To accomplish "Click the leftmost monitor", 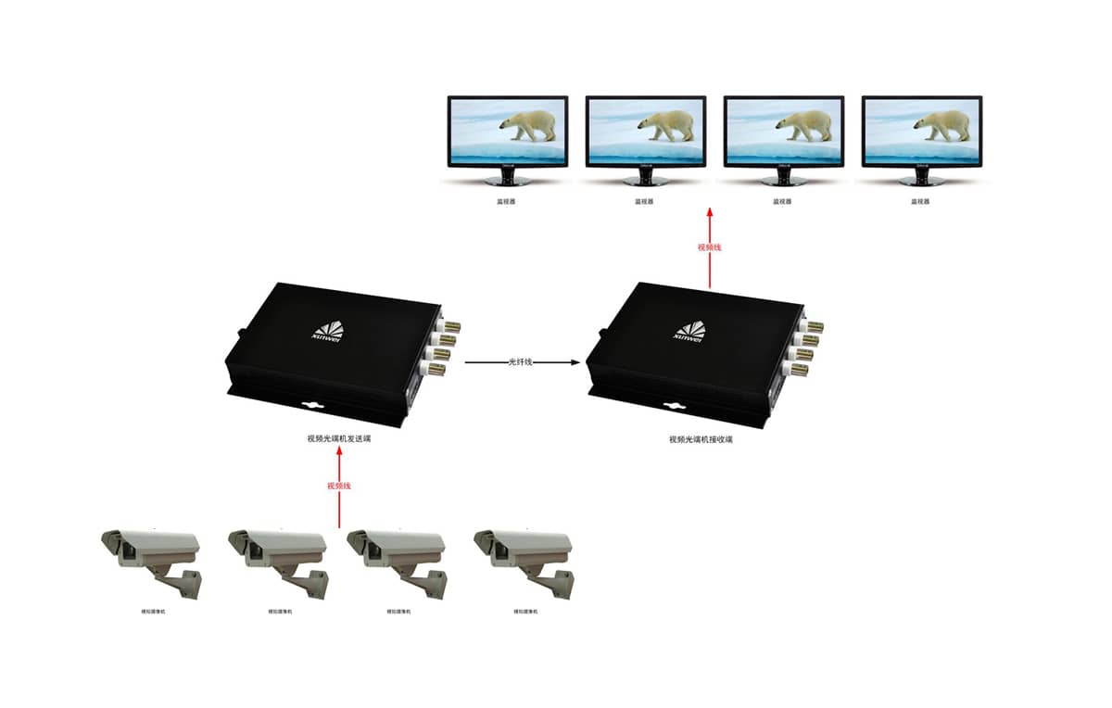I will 507,132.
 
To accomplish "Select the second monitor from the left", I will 645,132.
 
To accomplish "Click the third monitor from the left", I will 783,132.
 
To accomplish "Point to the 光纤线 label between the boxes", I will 521,362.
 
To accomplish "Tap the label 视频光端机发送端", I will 339,437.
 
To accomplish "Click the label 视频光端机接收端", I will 701,439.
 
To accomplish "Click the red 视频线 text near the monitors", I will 709,247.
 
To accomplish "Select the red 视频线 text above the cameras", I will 339,486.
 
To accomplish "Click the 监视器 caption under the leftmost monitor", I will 506,201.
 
